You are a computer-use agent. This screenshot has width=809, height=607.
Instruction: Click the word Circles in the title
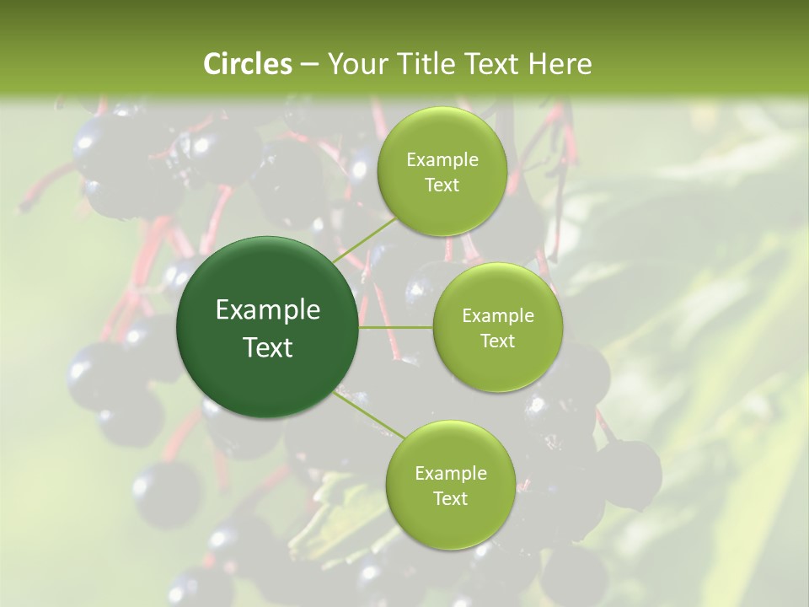[x=248, y=64]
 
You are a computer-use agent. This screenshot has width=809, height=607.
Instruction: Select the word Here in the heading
[x=559, y=64]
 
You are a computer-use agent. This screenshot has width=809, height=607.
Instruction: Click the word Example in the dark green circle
[x=267, y=310]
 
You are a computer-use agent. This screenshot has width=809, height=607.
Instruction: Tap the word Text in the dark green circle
[x=267, y=346]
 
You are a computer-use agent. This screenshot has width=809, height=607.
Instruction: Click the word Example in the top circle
[x=442, y=160]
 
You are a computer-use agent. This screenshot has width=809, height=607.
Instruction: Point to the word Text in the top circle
[x=442, y=185]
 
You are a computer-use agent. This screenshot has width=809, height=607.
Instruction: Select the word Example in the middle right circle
[x=497, y=316]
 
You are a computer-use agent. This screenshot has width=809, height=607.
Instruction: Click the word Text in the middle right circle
[x=497, y=341]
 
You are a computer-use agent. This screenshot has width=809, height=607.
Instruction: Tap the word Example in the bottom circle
[x=450, y=474]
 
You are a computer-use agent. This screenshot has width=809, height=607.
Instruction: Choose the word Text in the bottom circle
[x=450, y=498]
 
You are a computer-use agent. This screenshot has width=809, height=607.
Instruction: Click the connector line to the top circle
[x=364, y=239]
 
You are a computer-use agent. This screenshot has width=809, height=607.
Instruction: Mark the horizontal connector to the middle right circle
[x=395, y=327]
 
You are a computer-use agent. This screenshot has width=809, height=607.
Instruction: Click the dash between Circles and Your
[x=308, y=64]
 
